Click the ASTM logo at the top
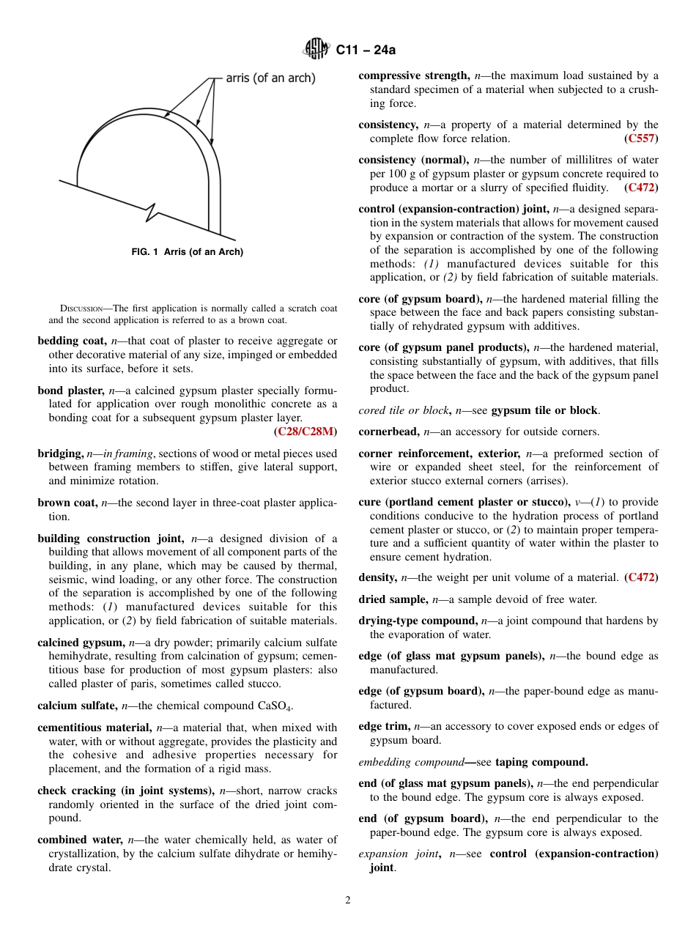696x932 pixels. pyautogui.click(x=317, y=50)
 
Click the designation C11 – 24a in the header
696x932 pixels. pyautogui.click(x=366, y=51)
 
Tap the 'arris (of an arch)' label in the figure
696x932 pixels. pyautogui.click(x=270, y=78)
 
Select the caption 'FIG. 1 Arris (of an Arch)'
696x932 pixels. pyautogui.click(x=187, y=252)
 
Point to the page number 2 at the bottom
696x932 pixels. pyautogui.click(x=348, y=900)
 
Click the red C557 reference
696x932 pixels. pyautogui.click(x=641, y=138)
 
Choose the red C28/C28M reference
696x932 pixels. pyautogui.click(x=307, y=431)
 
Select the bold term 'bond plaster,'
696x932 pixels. pyautogui.click(x=71, y=391)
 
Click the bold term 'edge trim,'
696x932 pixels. pyautogui.click(x=384, y=726)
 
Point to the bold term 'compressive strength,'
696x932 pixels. pyautogui.click(x=414, y=75)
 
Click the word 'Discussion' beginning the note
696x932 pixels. pyautogui.click(x=81, y=308)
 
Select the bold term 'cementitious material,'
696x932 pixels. pyautogui.click(x=95, y=728)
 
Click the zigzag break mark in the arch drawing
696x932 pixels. pyautogui.click(x=152, y=213)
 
